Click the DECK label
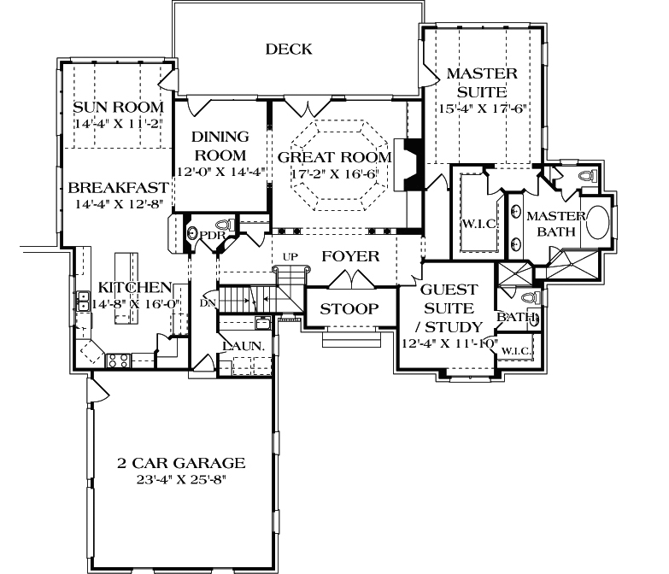pos(288,50)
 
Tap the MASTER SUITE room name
pos(476,83)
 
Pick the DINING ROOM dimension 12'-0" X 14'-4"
pos(219,171)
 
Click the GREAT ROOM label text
pos(334,157)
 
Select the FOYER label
pos(349,256)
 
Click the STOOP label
pos(349,308)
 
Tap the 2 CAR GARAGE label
pos(181,463)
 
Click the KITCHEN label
pos(134,287)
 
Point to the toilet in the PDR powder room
pos(193,232)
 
